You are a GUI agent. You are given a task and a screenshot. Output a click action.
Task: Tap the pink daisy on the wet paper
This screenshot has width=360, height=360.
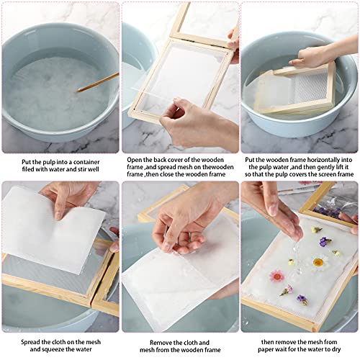coord(277,276)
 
